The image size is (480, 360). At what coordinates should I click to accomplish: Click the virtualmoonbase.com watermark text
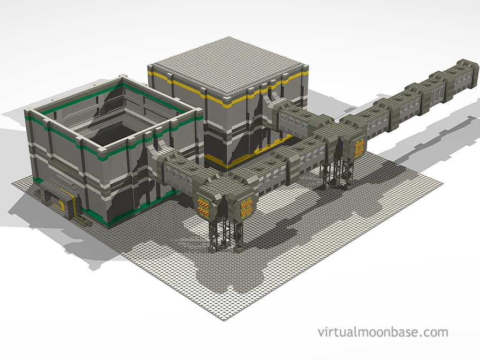[382, 332]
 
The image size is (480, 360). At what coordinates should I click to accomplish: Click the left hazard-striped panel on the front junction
[203, 207]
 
